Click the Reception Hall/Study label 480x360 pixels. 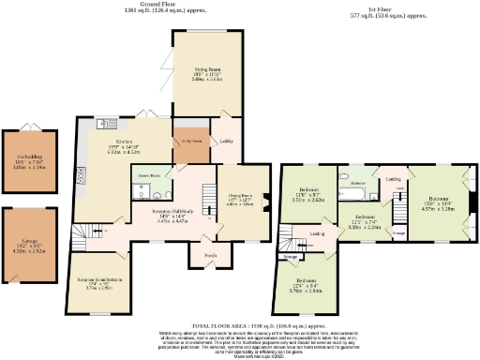[x=170, y=213]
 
